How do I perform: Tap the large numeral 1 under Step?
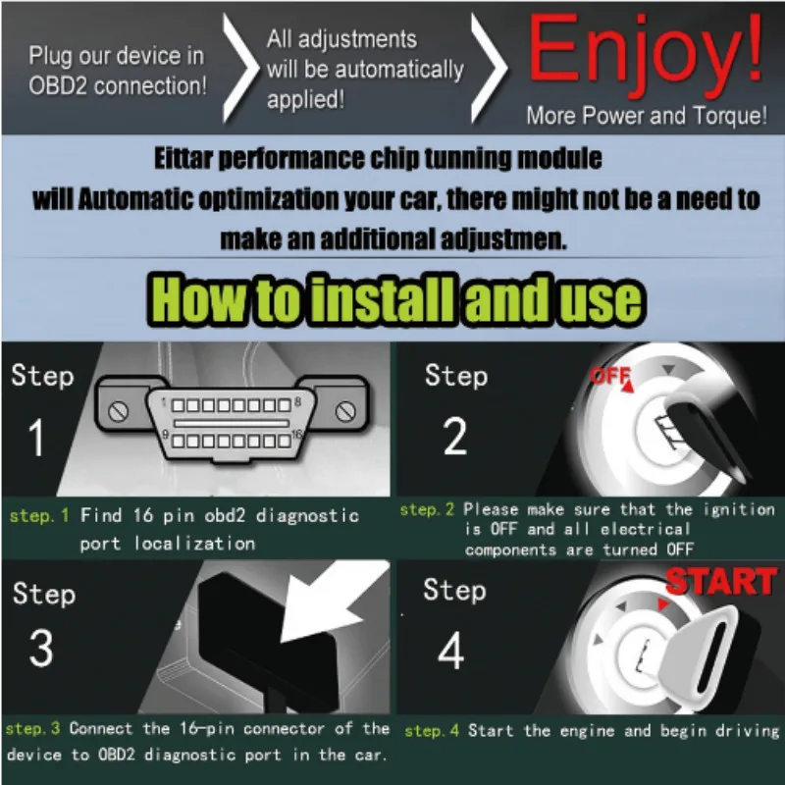click(x=37, y=439)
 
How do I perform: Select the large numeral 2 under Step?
click(x=454, y=439)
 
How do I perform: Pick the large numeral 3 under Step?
click(x=40, y=649)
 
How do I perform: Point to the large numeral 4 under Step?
click(x=451, y=651)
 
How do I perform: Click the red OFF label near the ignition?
click(x=609, y=376)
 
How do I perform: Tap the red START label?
click(x=721, y=582)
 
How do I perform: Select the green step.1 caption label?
click(x=40, y=515)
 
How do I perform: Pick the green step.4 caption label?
click(x=432, y=730)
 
